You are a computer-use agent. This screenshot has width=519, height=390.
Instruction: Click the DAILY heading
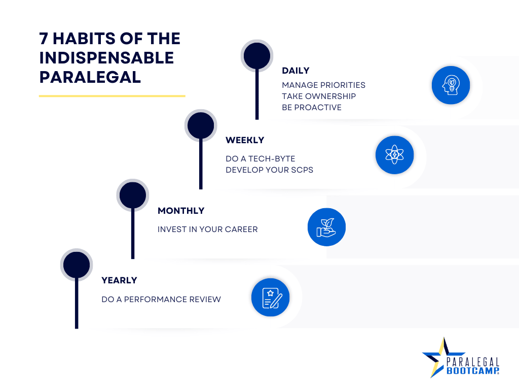295,71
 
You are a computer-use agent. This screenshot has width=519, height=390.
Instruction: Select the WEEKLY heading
245,140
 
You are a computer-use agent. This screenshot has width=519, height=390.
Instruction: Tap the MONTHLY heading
181,211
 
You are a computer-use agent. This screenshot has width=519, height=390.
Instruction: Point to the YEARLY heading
119,280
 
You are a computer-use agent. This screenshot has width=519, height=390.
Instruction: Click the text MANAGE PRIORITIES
324,85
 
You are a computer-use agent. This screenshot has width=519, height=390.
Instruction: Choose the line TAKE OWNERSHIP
319,96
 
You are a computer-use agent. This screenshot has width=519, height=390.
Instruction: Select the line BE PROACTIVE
312,108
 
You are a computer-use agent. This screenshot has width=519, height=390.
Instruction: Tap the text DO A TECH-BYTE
261,159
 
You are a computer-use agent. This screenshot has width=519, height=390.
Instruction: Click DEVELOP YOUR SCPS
270,170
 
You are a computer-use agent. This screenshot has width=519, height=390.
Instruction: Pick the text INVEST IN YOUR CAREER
207,230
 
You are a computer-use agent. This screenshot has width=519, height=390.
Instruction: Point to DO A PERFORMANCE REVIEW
161,300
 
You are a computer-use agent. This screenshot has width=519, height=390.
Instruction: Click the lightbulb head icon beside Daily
451,85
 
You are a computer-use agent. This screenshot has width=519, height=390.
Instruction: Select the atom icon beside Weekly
394,155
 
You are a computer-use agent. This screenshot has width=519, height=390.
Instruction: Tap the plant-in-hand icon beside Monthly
327,227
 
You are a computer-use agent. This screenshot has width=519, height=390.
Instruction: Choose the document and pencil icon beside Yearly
271,298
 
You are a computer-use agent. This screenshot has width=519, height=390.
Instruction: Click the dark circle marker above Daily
257,56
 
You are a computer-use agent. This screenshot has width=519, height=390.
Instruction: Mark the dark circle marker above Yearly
77,265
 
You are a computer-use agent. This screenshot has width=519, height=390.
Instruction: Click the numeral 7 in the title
44,39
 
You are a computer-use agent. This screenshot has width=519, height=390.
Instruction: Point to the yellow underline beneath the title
112,96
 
